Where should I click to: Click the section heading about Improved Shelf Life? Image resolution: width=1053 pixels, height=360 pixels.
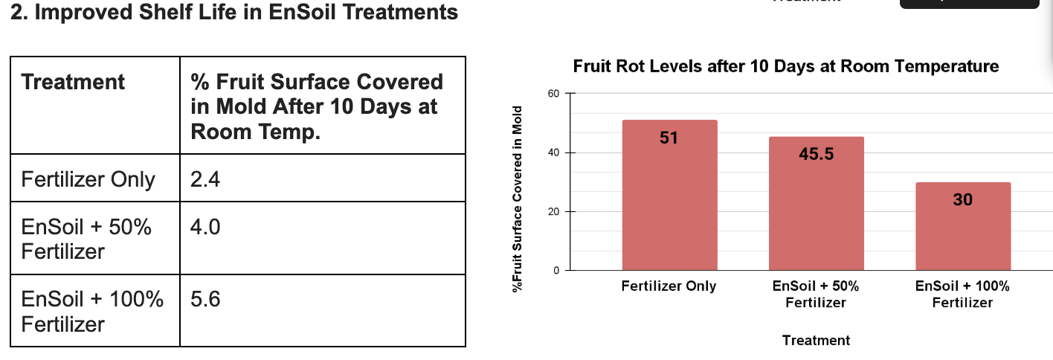pyautogui.click(x=234, y=13)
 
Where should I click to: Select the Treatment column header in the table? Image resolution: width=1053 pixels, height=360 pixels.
pyautogui.click(x=73, y=82)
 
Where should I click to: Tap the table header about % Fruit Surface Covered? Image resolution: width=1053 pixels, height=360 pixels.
pyautogui.click(x=316, y=106)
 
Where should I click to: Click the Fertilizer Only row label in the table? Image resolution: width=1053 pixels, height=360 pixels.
pyautogui.click(x=88, y=179)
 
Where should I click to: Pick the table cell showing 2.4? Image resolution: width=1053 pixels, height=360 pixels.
pyautogui.click(x=205, y=179)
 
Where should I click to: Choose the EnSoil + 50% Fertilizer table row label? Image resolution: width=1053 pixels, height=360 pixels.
pyautogui.click(x=86, y=239)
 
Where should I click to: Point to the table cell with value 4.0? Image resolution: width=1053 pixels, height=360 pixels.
pyautogui.click(x=205, y=227)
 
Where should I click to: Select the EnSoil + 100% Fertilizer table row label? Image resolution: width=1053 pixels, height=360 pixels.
pyautogui.click(x=92, y=312)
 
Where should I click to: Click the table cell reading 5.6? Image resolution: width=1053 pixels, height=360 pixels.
pyautogui.click(x=205, y=300)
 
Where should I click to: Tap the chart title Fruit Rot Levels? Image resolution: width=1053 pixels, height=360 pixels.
pyautogui.click(x=786, y=66)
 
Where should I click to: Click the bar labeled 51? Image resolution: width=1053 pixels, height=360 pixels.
pyautogui.click(x=669, y=195)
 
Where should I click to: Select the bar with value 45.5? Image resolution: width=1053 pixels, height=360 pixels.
pyautogui.click(x=816, y=203)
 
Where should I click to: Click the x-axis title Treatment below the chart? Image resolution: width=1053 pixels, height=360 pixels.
pyautogui.click(x=816, y=341)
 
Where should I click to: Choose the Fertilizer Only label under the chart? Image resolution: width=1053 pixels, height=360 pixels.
pyautogui.click(x=669, y=286)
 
